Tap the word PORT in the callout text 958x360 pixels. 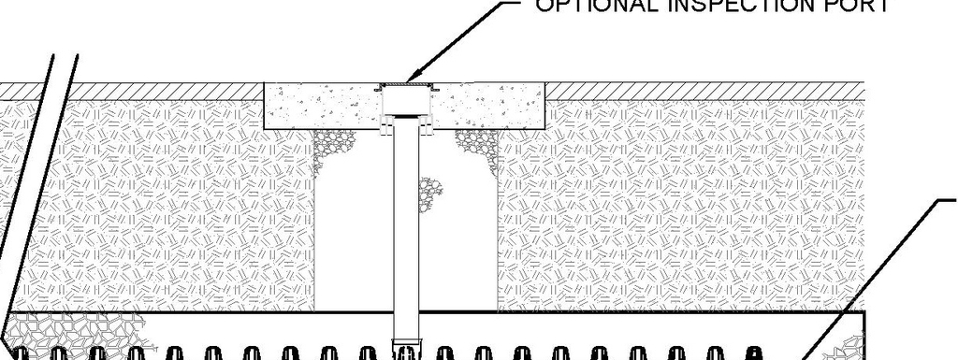864,6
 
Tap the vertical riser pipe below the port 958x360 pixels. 405,234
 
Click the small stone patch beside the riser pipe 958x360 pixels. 431,192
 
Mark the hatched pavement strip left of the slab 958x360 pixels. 131,90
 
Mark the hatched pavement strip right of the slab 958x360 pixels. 702,90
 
